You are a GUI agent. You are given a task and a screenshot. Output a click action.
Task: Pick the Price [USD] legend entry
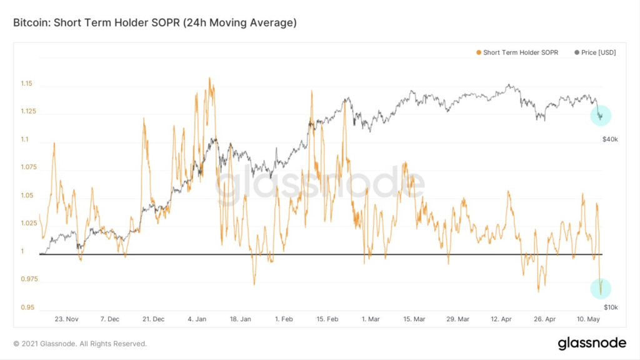(595, 52)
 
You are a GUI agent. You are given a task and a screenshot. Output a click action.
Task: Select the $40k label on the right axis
(611, 139)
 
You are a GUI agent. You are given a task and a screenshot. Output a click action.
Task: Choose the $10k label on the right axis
(611, 307)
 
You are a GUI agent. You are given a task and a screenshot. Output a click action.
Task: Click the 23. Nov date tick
(67, 319)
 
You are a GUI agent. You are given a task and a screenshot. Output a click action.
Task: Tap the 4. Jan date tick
(197, 319)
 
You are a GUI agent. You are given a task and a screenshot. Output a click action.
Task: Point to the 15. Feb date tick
(327, 319)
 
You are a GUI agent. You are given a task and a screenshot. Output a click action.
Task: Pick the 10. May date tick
(588, 319)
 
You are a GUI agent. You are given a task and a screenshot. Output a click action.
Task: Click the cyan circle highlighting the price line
(601, 115)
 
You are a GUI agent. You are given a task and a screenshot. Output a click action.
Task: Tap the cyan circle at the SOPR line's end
(601, 288)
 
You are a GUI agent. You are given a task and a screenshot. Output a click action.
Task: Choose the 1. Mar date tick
(371, 319)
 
